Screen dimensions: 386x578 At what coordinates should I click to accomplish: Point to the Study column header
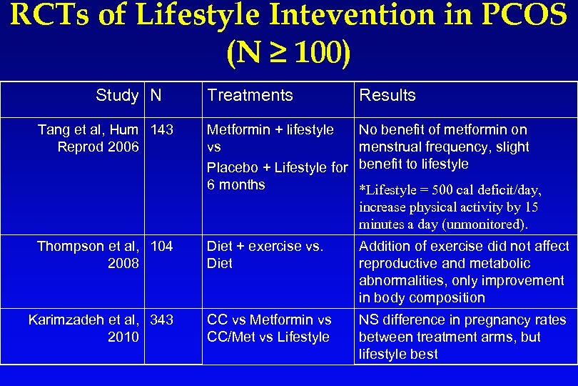click(117, 95)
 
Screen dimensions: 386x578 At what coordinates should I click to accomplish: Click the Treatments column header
click(250, 95)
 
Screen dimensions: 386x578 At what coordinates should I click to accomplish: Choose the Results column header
click(387, 95)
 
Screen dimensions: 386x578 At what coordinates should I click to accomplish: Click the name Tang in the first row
click(54, 129)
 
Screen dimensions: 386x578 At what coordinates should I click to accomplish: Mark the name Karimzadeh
click(66, 320)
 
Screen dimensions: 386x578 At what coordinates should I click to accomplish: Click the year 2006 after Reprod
click(123, 147)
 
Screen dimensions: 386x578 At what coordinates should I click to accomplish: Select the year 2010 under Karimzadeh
click(123, 337)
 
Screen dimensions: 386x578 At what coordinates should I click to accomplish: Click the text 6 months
click(235, 184)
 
